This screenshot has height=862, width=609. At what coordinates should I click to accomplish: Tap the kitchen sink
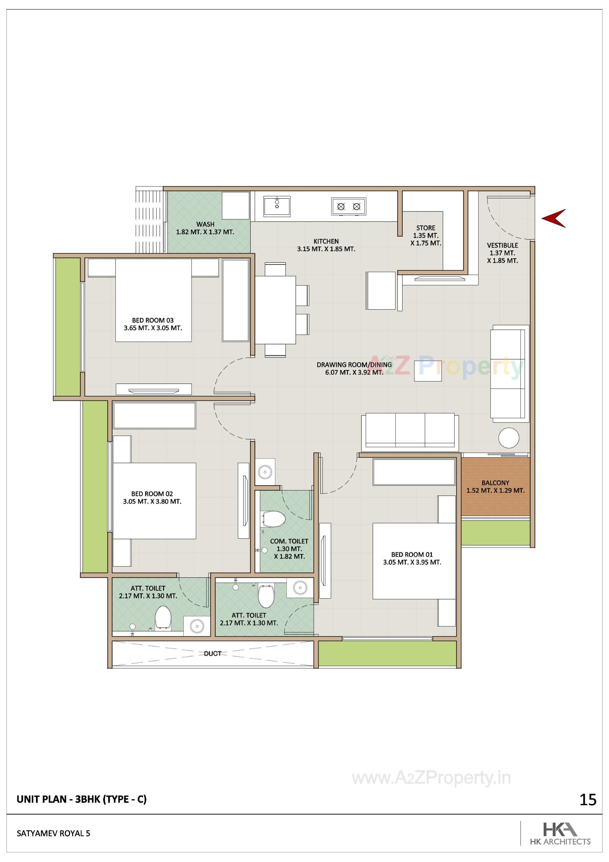(277, 206)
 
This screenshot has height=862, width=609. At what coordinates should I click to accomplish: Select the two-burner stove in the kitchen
(348, 207)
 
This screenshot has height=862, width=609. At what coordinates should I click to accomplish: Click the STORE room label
(426, 228)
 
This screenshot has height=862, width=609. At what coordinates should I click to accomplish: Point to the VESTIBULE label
(502, 245)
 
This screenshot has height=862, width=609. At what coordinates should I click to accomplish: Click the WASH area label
(205, 224)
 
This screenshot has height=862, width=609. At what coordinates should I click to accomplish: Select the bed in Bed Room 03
(154, 300)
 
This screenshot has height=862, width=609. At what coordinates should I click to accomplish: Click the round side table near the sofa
(508, 438)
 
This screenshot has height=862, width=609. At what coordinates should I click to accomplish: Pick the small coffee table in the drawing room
(428, 371)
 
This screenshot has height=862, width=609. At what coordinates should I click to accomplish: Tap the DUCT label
(213, 654)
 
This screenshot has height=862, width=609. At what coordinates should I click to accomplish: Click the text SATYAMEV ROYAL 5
(53, 833)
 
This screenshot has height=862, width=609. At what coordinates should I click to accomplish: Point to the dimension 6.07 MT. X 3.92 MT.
(354, 372)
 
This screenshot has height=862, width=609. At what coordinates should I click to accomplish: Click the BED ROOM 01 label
(412, 555)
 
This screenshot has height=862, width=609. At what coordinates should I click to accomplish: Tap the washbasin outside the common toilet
(265, 471)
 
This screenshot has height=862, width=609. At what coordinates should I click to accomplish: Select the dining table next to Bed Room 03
(275, 310)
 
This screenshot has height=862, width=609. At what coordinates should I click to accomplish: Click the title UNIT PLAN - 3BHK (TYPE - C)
(82, 799)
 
